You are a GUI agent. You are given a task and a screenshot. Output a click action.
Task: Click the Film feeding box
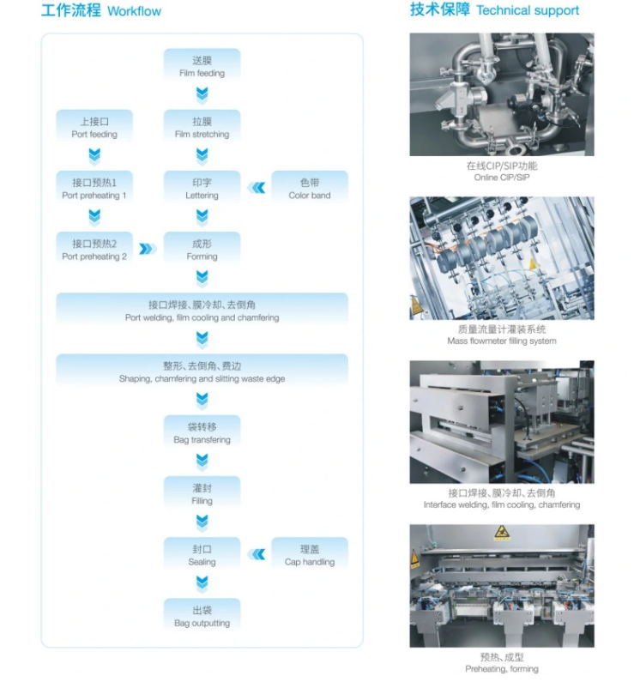click(202, 65)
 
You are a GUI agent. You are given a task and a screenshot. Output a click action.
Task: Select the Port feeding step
click(94, 126)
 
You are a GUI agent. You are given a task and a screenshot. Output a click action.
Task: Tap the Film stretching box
click(202, 126)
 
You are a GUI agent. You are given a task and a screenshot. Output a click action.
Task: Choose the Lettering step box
click(202, 187)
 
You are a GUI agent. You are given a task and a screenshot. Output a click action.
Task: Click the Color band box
click(310, 187)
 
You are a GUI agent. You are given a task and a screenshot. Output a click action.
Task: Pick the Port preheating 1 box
click(94, 187)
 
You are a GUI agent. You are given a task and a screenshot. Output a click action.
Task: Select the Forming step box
click(202, 248)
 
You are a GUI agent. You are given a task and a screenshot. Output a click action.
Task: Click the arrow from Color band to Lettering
click(257, 188)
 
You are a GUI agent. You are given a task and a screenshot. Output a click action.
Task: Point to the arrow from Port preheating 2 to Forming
click(148, 249)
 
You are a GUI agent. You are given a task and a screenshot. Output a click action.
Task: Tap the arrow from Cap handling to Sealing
click(257, 554)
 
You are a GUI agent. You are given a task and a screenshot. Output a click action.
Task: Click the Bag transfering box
click(202, 431)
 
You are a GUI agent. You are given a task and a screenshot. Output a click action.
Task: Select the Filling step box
click(202, 492)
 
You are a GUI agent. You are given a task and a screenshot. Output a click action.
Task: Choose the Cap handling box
click(310, 553)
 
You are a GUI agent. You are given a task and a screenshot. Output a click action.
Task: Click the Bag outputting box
click(202, 615)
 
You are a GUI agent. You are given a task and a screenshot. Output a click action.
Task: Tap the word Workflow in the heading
click(134, 11)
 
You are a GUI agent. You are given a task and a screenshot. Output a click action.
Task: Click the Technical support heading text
click(528, 10)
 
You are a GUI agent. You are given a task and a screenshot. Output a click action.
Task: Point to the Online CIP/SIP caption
click(502, 178)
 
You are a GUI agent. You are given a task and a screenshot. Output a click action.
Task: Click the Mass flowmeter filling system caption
click(502, 341)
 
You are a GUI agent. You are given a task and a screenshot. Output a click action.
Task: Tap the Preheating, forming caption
click(502, 669)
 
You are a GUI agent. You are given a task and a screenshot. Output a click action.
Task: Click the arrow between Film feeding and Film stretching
click(202, 95)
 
